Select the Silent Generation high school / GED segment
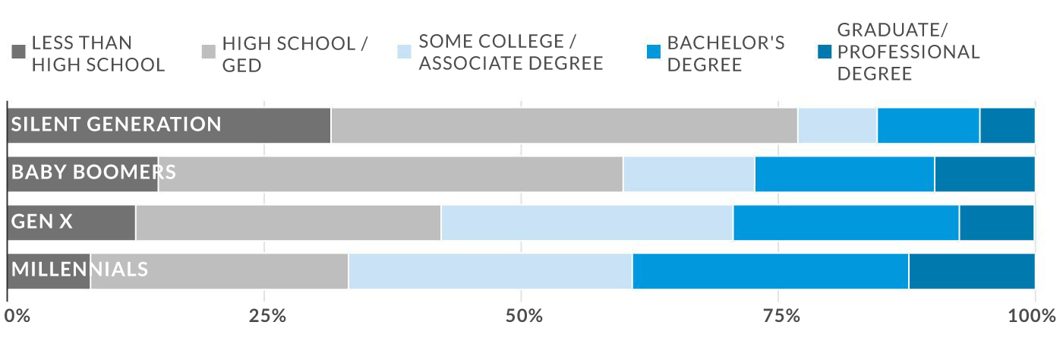click(x=564, y=125)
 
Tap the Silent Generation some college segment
click(x=837, y=125)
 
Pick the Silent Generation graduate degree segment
click(x=1007, y=125)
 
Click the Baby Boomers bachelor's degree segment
click(x=844, y=174)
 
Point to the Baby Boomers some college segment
click(x=689, y=174)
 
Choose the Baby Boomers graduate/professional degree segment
click(x=984, y=174)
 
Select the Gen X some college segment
click(x=587, y=223)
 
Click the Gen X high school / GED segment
click(x=289, y=223)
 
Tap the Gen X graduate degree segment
click(x=996, y=223)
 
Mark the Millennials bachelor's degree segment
click(x=770, y=271)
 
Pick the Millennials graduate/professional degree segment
click(x=971, y=271)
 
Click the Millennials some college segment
click(x=490, y=271)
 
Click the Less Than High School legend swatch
click(x=19, y=52)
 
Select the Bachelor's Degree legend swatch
click(x=653, y=52)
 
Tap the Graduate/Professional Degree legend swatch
click(x=823, y=52)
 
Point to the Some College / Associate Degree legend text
click(x=510, y=52)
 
